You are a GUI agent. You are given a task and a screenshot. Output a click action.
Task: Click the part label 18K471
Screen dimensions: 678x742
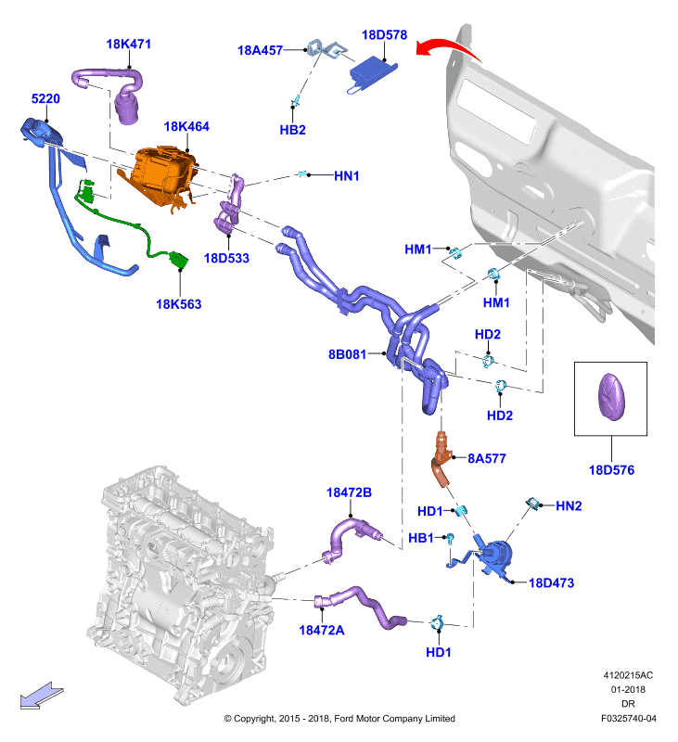coord(128,44)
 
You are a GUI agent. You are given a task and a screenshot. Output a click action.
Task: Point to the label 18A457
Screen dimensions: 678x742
coord(260,50)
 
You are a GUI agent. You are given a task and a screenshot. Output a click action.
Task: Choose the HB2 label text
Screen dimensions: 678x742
coord(292,130)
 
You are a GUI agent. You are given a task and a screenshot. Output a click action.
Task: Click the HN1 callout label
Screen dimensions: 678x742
coord(347,176)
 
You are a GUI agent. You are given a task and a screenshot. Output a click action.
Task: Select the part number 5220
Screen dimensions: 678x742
coord(45,98)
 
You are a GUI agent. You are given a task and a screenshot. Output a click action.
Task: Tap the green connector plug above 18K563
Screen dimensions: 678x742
coord(178,260)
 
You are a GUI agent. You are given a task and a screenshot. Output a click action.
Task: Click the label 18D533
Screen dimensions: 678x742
coord(226,258)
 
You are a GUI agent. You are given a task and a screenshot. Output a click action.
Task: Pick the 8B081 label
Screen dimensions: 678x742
coord(347,354)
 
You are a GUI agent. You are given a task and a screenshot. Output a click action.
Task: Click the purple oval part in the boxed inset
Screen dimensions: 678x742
coord(612,397)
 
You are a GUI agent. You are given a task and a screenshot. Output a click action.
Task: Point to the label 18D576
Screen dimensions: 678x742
coord(611,470)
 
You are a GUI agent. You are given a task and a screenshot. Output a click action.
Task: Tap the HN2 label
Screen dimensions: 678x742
coord(569,505)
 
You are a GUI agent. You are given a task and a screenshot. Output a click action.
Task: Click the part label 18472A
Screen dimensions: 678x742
coord(322,631)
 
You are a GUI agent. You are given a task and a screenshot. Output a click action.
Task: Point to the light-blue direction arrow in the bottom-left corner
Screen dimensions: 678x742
coord(41,696)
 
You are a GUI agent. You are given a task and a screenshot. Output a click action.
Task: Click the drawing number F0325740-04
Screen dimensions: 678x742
coord(628,718)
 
